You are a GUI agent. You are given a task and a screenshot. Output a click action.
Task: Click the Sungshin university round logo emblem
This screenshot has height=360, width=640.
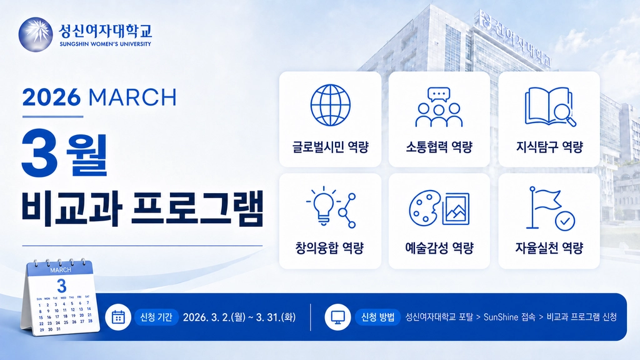tap(36, 34)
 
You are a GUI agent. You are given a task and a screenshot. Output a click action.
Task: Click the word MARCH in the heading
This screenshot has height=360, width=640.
tap(132, 97)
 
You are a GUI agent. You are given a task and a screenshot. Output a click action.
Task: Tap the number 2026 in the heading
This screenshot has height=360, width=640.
tap(51, 97)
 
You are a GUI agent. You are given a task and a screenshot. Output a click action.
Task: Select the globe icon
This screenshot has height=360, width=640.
tap(330, 105)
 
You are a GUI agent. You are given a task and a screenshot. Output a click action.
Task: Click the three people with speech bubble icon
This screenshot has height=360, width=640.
tap(439, 107)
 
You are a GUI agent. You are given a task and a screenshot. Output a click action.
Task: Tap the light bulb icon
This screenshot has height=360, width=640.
tap(323, 206)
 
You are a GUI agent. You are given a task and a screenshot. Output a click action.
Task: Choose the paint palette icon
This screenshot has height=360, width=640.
tap(425, 208)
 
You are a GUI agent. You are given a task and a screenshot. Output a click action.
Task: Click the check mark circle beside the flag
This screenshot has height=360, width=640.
tap(565, 221)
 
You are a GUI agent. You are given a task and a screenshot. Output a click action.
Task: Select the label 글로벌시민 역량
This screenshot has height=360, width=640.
tap(330, 147)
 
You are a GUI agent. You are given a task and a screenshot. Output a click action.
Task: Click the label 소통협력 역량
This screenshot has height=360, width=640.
tap(439, 147)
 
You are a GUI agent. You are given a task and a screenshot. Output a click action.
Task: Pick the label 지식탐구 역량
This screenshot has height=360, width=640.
tap(549, 147)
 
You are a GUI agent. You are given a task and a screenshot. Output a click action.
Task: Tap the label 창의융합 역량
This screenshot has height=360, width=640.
tap(329, 247)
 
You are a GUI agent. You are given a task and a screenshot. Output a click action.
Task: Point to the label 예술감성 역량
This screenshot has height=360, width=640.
tap(439, 247)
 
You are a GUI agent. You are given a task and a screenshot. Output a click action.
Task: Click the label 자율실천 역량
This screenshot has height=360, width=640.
tap(549, 247)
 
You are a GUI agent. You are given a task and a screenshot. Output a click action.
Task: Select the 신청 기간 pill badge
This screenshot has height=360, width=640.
tap(156, 317)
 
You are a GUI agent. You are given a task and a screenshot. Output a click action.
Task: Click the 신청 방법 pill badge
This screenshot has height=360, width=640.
tap(377, 317)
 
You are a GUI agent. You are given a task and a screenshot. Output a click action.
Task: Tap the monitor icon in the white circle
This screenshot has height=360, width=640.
tap(337, 317)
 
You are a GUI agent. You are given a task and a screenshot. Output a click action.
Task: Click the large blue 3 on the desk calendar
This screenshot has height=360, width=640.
tap(62, 286)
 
